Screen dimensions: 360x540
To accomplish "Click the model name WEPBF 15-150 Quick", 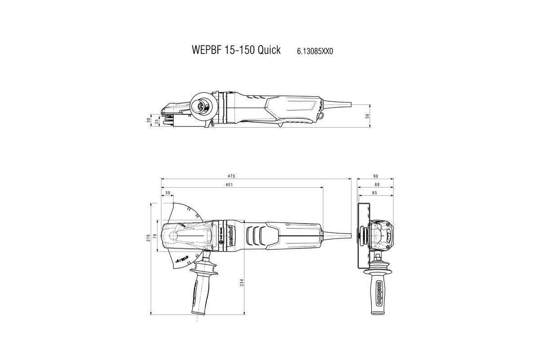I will tap(230, 50).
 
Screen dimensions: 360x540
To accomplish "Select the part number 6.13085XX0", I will tap(315, 51).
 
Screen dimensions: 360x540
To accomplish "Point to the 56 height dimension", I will tap(367, 116).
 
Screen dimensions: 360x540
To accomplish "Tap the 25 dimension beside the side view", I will tap(157, 121).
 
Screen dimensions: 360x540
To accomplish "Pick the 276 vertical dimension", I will tap(148, 238).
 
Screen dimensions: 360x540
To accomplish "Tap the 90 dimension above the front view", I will tap(375, 175).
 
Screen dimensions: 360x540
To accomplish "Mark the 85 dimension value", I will tap(374, 193).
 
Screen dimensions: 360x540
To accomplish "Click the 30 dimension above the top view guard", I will tap(168, 193).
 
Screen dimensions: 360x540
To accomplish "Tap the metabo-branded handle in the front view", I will tap(379, 292).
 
